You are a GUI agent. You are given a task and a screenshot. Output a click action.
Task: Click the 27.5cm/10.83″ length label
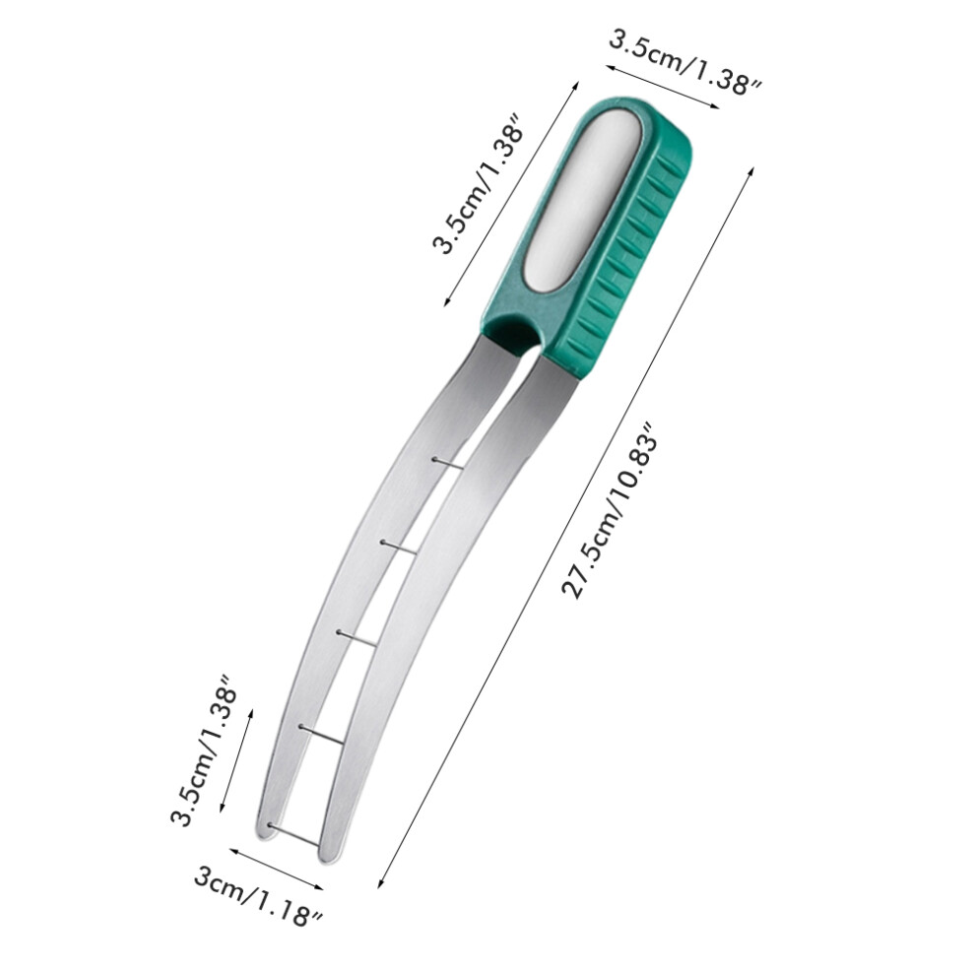click(610, 512)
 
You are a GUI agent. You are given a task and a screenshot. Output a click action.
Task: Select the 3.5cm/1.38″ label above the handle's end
click(685, 64)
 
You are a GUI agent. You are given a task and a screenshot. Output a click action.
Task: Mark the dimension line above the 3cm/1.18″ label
click(277, 870)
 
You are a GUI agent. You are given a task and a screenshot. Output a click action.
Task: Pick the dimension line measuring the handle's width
click(663, 87)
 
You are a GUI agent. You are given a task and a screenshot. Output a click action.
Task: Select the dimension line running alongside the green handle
click(511, 193)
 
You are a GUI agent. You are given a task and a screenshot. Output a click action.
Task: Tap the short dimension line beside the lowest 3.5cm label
click(236, 759)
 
